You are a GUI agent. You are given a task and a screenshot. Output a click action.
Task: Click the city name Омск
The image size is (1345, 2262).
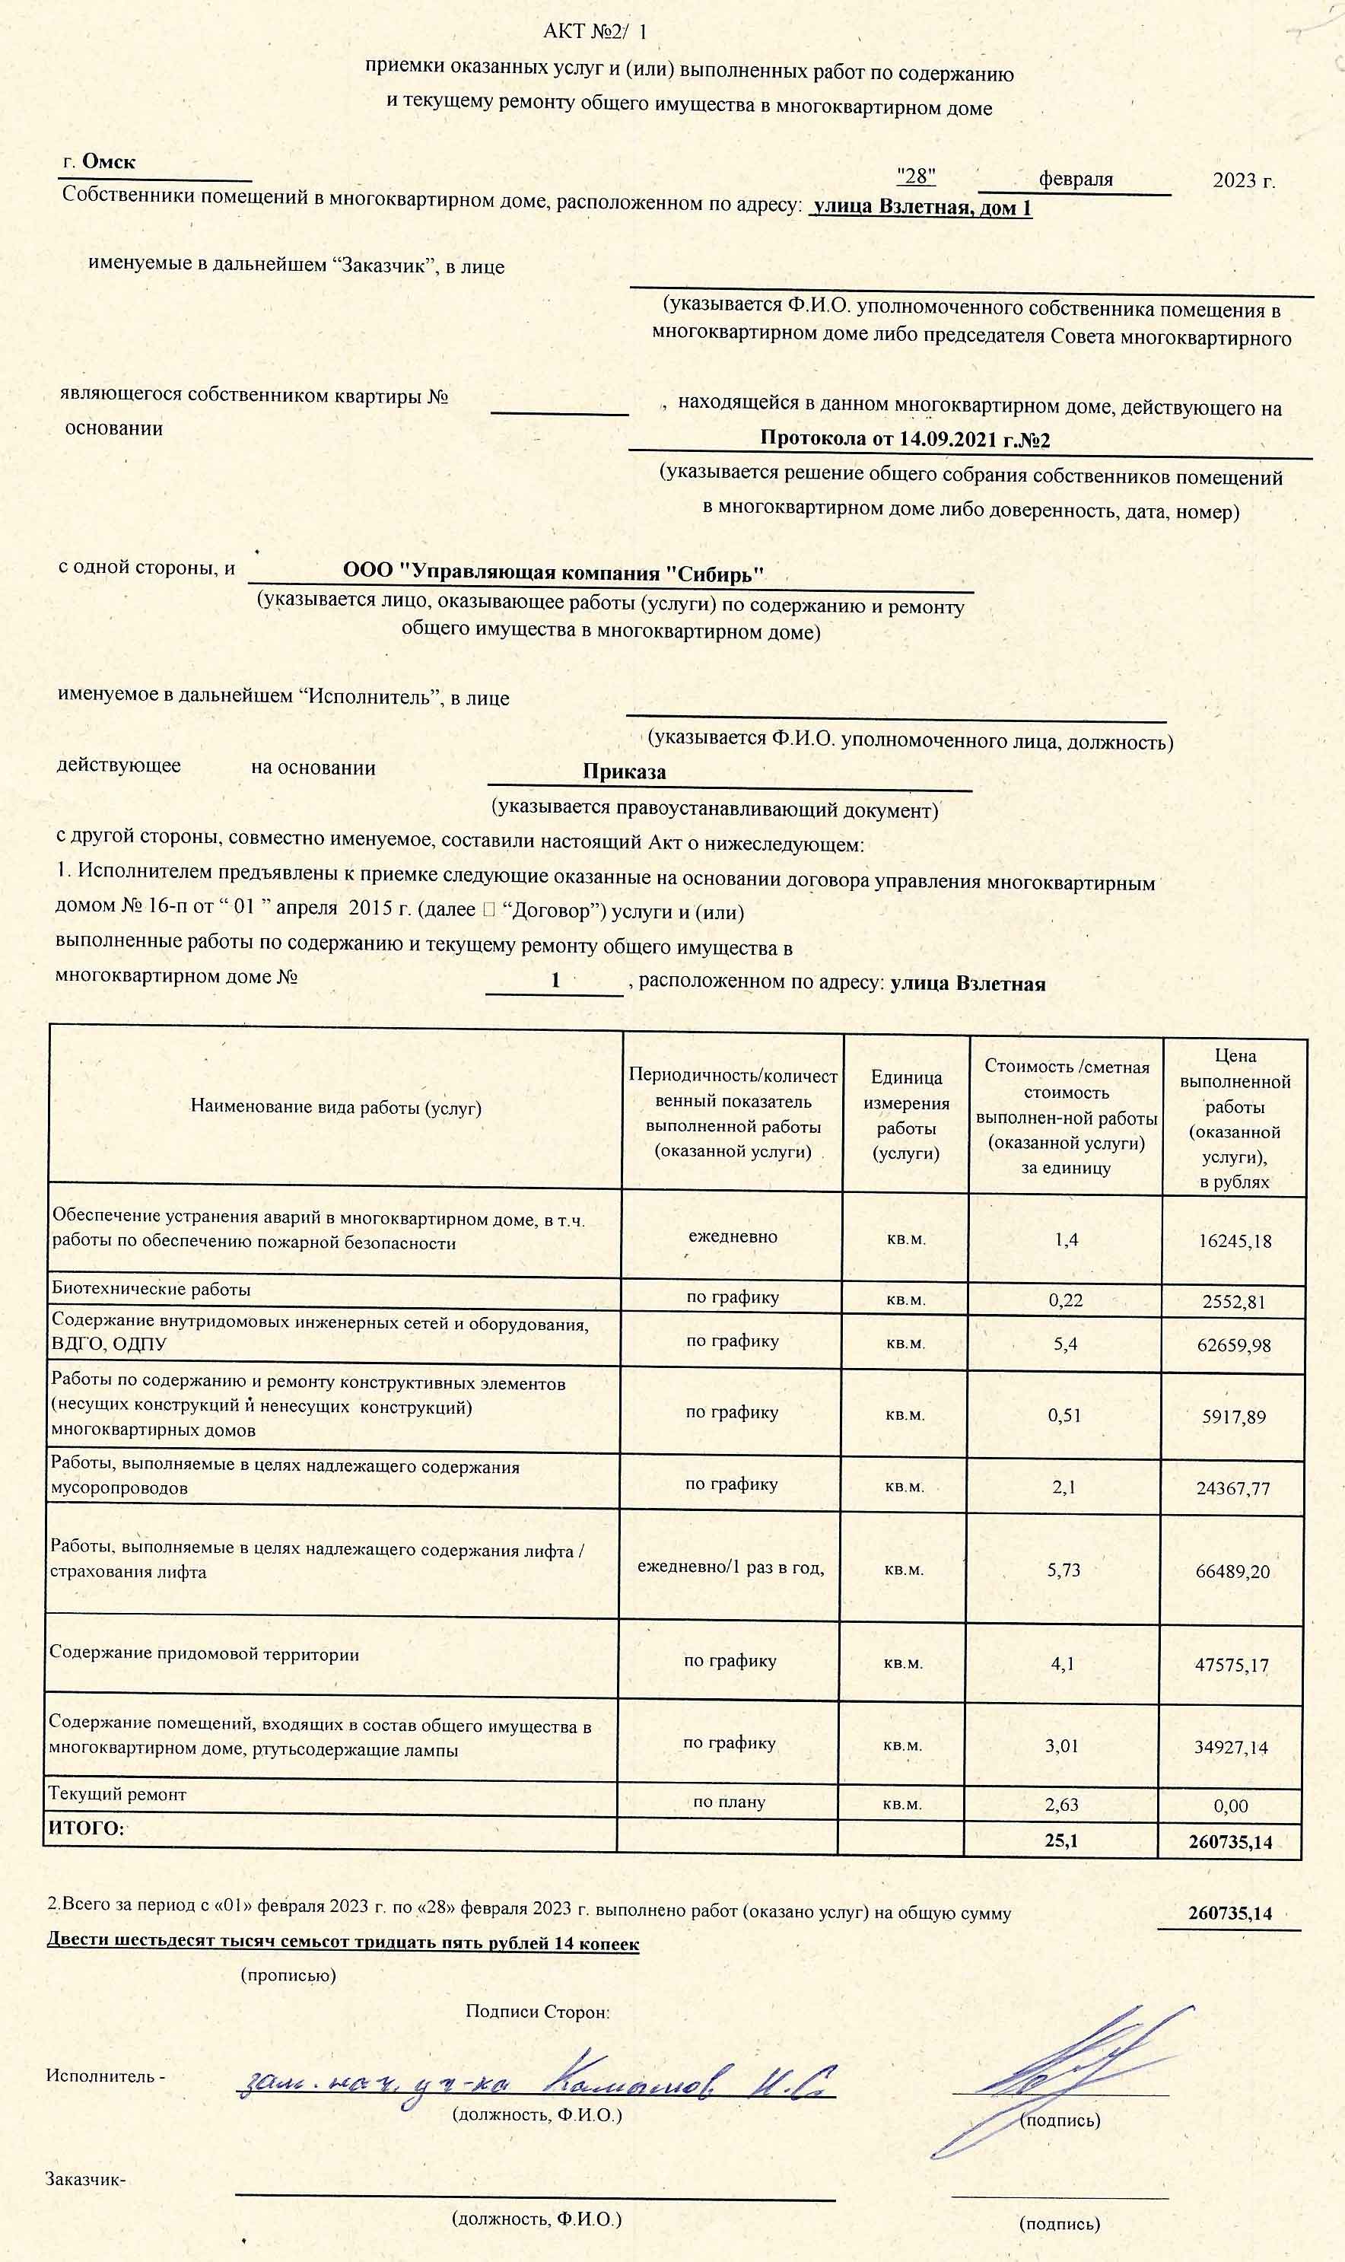point(108,161)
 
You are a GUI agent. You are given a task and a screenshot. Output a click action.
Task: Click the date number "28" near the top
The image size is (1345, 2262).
point(915,176)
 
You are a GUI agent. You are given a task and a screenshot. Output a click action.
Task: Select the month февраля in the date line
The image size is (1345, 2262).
point(1076,179)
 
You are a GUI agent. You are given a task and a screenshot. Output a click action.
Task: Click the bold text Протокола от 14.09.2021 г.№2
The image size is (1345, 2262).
point(905,440)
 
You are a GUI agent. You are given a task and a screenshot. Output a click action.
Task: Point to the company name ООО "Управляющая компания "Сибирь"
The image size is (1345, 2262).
point(553,573)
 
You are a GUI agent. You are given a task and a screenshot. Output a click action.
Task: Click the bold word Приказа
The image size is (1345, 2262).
point(624,772)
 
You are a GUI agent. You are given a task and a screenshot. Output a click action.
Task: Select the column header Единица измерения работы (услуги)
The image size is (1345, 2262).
point(905,1115)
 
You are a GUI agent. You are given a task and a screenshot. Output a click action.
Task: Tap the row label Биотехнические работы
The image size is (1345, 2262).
point(151,1289)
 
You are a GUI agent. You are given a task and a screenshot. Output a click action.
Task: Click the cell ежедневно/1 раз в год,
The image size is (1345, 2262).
point(730,1567)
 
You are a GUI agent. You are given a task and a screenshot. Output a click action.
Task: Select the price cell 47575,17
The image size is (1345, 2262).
point(1232,1665)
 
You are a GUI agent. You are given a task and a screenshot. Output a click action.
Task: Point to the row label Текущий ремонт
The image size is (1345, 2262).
point(117,1793)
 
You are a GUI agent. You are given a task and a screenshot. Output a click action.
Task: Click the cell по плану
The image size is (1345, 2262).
point(729,1802)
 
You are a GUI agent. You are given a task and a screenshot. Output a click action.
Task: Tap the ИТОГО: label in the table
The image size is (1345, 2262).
point(86,1828)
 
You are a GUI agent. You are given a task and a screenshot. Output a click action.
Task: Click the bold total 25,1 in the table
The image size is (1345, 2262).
point(1060,1840)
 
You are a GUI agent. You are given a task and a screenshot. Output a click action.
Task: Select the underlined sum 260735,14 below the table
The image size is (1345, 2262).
point(1230,1913)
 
